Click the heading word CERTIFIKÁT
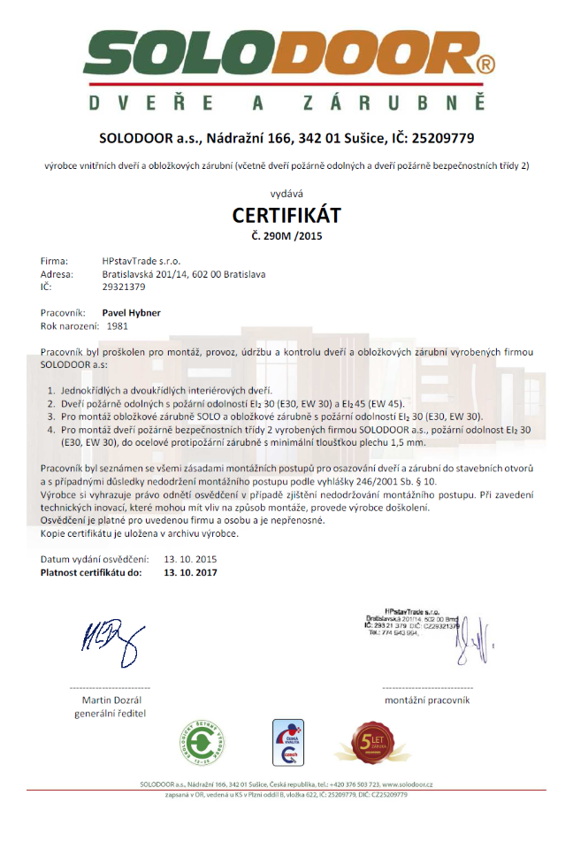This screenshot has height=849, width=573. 286,215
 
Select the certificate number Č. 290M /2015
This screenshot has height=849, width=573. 286,235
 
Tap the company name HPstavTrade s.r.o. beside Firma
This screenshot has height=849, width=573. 141,262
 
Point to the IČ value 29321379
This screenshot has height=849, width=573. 124,287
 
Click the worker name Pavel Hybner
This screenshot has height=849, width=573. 132,313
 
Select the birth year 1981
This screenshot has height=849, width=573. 118,325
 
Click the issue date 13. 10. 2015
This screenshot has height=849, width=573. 190,560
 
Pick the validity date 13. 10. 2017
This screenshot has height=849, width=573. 190,572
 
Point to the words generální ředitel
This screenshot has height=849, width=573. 110,713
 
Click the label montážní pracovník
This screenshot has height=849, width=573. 426,700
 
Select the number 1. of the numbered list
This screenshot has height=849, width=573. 51,391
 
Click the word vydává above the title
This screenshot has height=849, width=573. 286,193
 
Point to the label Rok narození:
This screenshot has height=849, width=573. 70,325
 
